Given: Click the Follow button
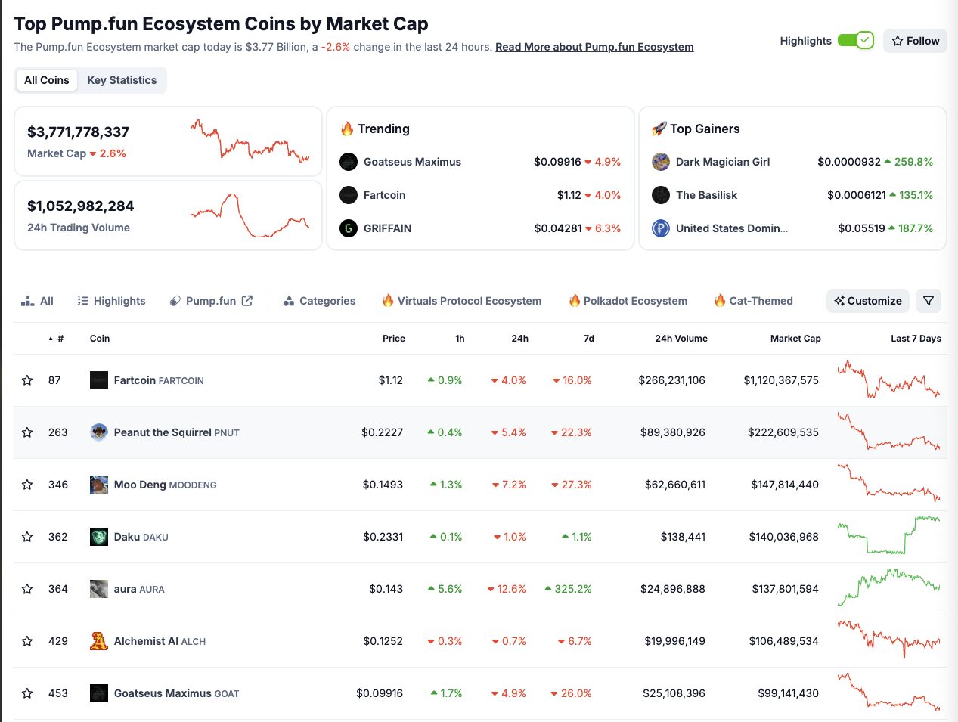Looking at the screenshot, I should coord(915,41).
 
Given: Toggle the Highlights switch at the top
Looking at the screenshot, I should coord(855,41).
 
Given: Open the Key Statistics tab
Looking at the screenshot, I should coord(122,80).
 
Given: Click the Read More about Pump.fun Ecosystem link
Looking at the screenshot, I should coord(594,47).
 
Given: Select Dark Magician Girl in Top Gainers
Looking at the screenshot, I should coord(722,162).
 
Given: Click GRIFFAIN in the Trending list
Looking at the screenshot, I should coord(387,228).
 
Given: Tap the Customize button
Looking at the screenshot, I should coord(867,301).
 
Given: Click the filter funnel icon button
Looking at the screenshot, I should coord(929,301).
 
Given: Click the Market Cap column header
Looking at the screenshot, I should coord(795,339).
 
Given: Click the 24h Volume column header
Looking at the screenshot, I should coord(681,339).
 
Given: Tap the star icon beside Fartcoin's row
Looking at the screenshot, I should coord(27,380).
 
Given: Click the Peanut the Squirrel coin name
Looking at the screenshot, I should coord(163,432).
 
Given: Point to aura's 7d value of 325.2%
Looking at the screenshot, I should coord(572,589).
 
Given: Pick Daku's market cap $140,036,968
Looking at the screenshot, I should coord(783,537).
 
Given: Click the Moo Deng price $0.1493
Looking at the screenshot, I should coord(383,485).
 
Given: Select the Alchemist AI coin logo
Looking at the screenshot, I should coord(98,641).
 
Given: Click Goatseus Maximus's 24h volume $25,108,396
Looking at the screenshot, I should coord(674,693).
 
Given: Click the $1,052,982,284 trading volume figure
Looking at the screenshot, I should coord(81,206).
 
